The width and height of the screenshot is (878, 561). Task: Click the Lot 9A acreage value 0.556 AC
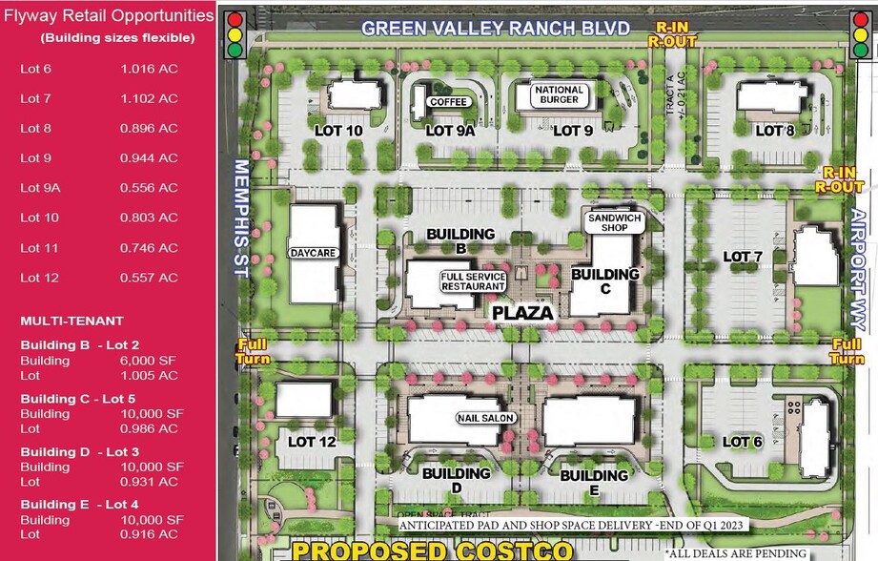[149, 188]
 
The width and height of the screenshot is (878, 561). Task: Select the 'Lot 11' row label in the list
[40, 248]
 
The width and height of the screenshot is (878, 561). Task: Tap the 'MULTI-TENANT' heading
[72, 322]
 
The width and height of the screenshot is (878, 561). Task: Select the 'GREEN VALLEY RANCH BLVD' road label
[495, 29]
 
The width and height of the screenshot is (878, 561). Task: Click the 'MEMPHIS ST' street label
[240, 218]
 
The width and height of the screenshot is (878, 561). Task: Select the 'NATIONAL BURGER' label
[559, 94]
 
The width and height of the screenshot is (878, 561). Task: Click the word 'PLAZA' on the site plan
[522, 312]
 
